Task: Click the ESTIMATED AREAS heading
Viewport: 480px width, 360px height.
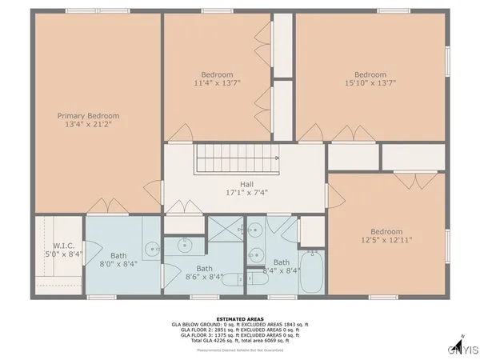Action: pos(240,318)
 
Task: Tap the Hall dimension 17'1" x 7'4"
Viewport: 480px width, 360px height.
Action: pos(240,193)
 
